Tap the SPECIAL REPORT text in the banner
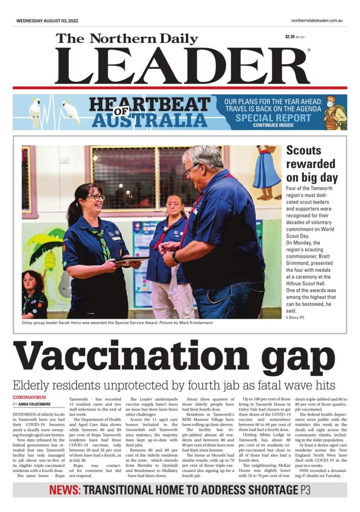pyautogui.click(x=273, y=118)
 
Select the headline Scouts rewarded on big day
pyautogui.click(x=312, y=164)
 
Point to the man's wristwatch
pyautogui.click(x=176, y=257)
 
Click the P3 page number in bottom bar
pyautogui.click(x=305, y=490)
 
